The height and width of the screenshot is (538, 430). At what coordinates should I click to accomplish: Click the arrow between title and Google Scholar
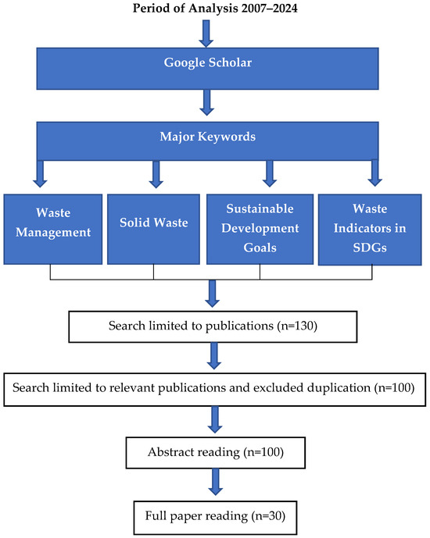coord(206,33)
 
